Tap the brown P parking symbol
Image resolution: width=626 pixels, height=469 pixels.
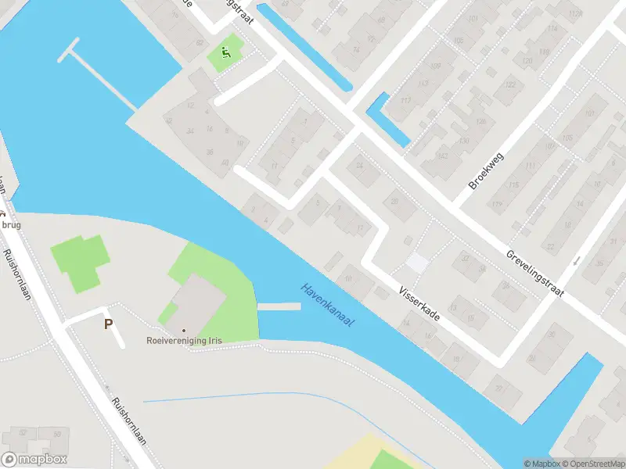click(x=108, y=324)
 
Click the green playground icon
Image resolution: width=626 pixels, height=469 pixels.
click(x=225, y=53)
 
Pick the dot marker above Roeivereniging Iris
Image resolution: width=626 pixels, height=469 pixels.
click(x=184, y=330)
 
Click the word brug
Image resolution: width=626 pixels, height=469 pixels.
click(x=11, y=224)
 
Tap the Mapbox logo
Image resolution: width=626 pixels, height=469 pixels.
click(x=34, y=459)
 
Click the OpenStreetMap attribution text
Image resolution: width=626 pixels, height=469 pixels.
click(x=592, y=464)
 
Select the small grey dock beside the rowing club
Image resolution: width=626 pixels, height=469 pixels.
click(x=279, y=307)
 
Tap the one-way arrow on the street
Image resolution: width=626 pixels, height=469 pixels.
click(x=577, y=260)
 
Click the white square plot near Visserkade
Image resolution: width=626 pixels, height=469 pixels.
click(x=417, y=263)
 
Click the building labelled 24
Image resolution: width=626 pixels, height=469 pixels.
click(x=360, y=165)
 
